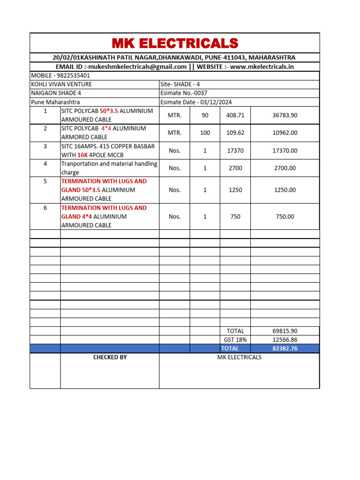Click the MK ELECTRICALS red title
pos(175,44)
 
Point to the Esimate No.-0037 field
pos(184,93)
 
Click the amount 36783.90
pos(285,115)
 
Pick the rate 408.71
pos(235,115)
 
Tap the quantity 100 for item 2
pos(205,133)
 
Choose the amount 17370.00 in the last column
pos(285,150)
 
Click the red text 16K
pos(82,155)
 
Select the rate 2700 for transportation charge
pos(235,168)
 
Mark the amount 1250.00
pos(285,190)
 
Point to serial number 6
pos(45,208)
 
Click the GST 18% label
pos(235,340)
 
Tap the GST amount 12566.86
pos(285,340)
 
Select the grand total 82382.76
pos(285,348)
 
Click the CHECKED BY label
pos(110,357)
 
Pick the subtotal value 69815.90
pos(285,331)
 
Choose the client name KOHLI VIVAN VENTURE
pos(61,84)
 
